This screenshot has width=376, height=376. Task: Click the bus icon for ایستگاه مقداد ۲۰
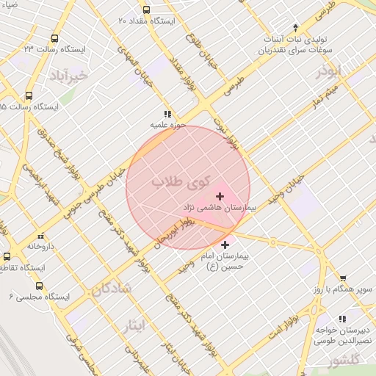(147, 10)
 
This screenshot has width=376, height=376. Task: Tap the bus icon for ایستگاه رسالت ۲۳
(55, 38)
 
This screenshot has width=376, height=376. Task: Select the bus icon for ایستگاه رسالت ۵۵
(29, 95)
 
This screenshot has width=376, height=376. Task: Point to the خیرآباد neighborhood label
(68, 75)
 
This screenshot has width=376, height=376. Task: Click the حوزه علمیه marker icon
(168, 115)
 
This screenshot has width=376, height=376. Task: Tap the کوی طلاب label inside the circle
(180, 181)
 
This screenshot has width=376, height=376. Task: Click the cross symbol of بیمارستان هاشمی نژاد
(220, 196)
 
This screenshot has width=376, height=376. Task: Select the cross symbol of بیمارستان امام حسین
(224, 244)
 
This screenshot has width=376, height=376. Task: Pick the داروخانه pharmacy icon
(40, 236)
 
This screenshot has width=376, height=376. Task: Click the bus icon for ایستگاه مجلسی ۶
(39, 286)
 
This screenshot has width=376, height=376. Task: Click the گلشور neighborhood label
(345, 361)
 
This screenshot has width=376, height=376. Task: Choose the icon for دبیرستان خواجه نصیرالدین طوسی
(341, 319)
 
